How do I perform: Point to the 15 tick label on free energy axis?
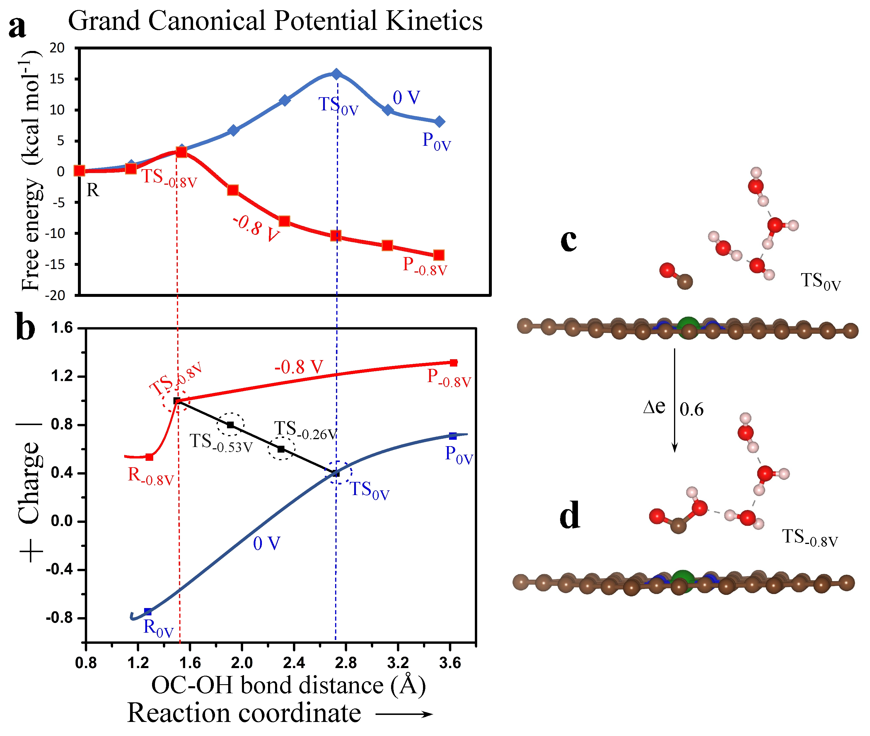(x=57, y=79)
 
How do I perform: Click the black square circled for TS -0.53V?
(x=230, y=425)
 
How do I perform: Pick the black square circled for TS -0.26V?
(x=281, y=449)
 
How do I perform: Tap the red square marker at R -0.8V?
(x=149, y=457)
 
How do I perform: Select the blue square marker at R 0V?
(x=148, y=612)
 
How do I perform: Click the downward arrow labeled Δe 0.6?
(x=674, y=400)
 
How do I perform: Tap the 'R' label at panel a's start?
(x=93, y=190)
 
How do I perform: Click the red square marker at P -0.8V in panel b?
(x=453, y=362)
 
